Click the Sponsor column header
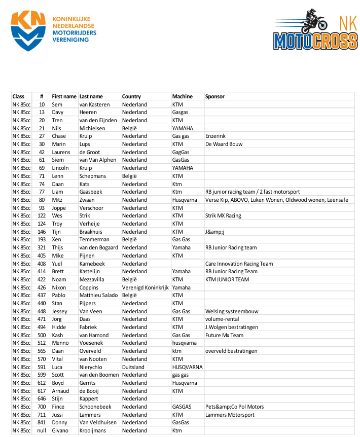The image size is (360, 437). (215, 96)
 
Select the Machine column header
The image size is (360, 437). (183, 96)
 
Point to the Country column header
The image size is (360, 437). (131, 96)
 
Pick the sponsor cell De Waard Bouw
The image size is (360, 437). (224, 144)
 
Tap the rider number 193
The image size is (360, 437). (42, 239)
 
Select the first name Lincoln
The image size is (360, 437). (60, 168)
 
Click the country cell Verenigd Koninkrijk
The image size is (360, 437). (145, 287)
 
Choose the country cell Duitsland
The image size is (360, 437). (133, 367)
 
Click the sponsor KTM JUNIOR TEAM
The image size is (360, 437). (227, 279)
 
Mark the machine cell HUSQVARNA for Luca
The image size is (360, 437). (187, 367)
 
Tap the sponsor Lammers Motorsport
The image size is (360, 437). (230, 415)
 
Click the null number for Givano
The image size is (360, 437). (42, 430)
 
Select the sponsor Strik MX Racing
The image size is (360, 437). (223, 215)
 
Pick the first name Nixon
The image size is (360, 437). (59, 287)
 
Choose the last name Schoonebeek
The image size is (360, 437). (97, 407)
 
